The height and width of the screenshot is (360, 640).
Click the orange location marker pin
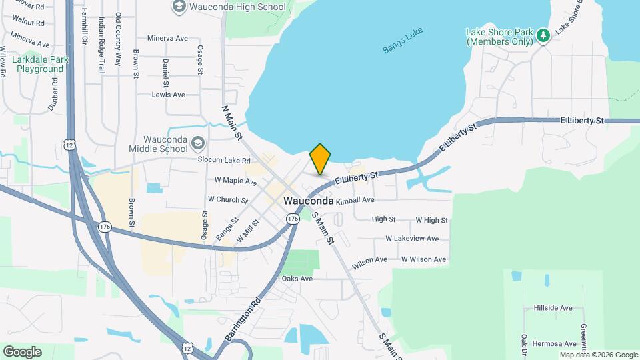click(320, 159)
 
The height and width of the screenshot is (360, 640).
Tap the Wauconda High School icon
click(179, 7)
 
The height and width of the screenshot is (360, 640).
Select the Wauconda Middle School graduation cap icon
click(197, 143)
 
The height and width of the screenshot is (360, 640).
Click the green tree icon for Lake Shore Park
click(543, 35)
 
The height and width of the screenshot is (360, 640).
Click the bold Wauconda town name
click(309, 201)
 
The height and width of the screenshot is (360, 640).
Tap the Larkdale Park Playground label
click(41, 64)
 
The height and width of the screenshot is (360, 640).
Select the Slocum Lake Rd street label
click(223, 161)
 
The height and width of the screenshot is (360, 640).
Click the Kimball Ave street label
click(355, 200)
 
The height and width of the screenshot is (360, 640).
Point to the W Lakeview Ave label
click(412, 239)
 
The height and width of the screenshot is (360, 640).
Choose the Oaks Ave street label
click(297, 279)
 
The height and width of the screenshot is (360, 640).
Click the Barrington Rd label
click(242, 321)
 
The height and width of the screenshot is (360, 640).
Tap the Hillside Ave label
click(553, 308)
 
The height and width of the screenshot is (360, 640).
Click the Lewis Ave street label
click(168, 95)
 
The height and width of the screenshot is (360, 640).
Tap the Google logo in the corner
click(22, 352)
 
